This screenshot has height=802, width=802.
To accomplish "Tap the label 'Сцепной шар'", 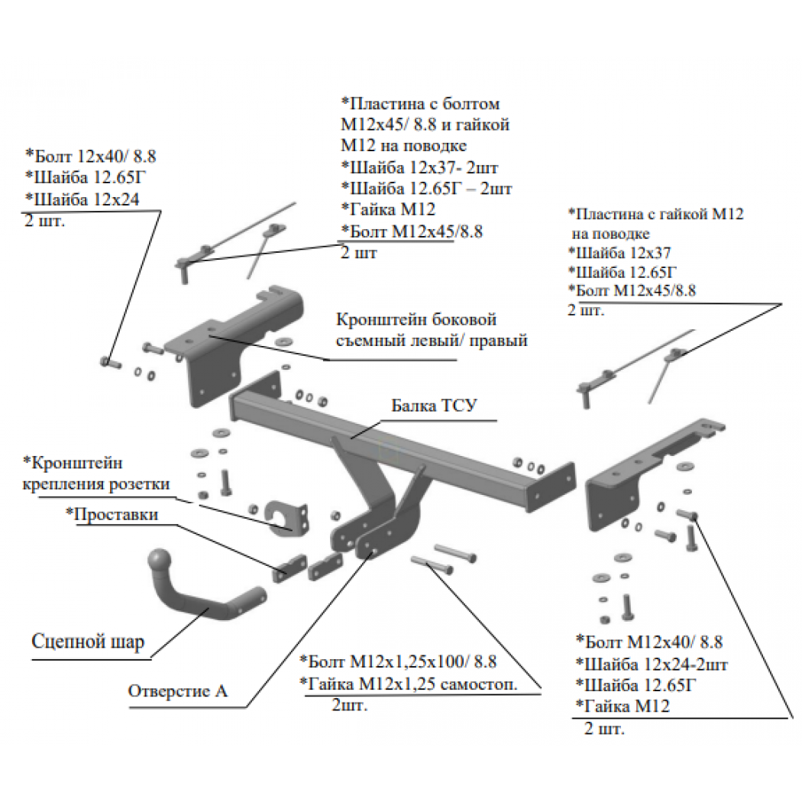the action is coord(88,642).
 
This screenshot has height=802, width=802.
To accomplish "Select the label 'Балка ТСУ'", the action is coord(434,406).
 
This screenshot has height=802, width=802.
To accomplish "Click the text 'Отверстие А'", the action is coord(177,691).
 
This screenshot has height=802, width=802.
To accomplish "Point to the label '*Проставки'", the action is coord(112,514).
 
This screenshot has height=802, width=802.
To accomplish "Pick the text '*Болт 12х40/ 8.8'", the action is coord(91,156).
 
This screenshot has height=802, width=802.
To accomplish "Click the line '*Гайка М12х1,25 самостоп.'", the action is coord(408,684).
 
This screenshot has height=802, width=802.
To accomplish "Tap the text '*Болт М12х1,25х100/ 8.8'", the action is coord(398,661).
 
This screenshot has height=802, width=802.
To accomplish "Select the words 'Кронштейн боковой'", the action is coord(416,320).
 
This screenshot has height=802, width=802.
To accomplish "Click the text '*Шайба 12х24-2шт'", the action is coord(652,664).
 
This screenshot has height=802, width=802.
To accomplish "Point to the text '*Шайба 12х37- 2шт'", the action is coord(419,167).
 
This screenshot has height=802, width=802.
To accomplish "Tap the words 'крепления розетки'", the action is coord(96,483).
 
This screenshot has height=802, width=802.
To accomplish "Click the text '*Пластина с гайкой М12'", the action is coord(656,214).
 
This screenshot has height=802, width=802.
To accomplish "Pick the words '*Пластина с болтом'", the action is coord(420,103).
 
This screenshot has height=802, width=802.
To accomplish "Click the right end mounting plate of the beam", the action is coord(552,487).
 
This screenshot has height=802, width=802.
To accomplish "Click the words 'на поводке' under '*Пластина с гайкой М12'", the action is coord(611,234).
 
